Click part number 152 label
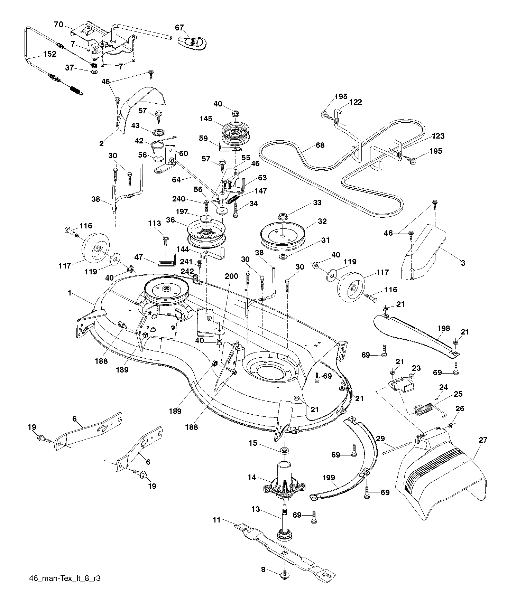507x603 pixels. (x=49, y=54)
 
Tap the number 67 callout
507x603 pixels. (x=179, y=28)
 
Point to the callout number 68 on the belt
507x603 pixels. (x=320, y=145)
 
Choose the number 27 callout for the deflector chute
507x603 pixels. (x=483, y=440)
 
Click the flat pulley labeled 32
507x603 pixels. (x=283, y=233)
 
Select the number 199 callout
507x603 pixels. (x=328, y=478)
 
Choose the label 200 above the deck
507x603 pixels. (x=231, y=276)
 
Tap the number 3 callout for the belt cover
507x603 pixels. (x=463, y=263)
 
